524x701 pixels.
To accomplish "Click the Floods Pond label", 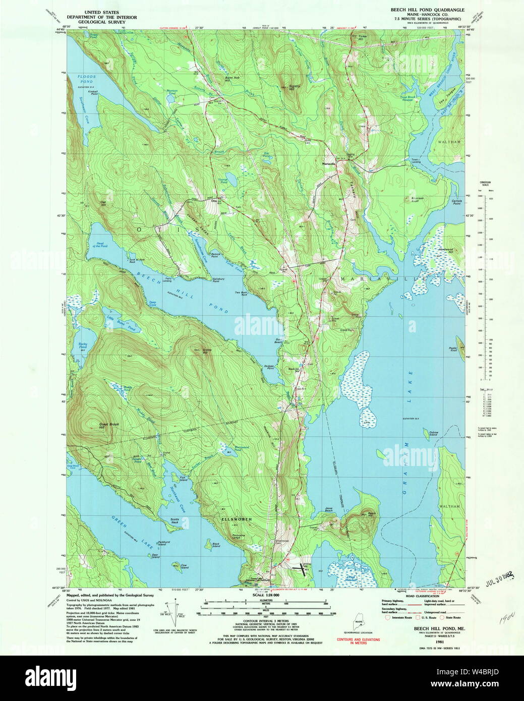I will (x=87, y=79).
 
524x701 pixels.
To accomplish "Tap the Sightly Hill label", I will (x=295, y=88).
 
